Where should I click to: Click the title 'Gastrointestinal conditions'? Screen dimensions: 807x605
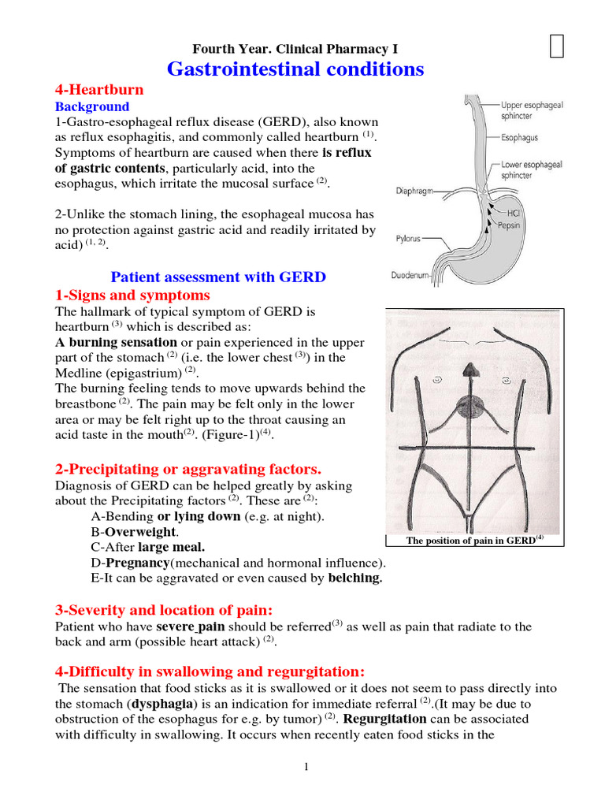[x=295, y=69]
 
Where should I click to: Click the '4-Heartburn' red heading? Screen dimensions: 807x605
[x=98, y=90]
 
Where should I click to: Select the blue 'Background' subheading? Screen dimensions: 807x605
[x=91, y=106]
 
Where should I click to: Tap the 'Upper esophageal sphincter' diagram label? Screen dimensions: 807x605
[x=532, y=110]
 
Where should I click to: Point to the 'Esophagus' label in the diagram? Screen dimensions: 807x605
[x=520, y=137]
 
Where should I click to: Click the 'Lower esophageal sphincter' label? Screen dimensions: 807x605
[x=532, y=169]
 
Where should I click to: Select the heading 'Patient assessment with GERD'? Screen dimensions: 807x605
[x=218, y=277]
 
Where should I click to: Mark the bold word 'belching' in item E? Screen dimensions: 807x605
[x=354, y=578]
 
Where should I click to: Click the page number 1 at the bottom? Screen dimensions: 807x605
[x=306, y=768]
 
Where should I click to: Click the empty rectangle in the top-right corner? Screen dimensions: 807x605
[x=557, y=47]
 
